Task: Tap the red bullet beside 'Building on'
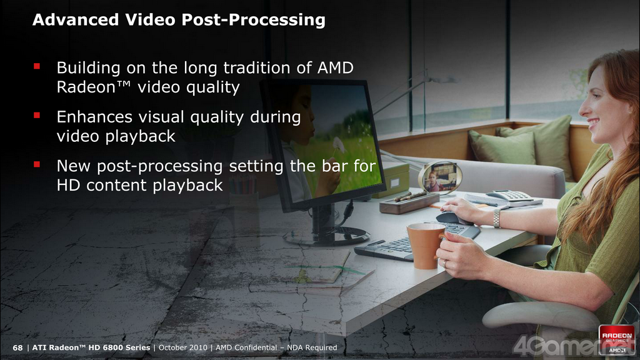37,66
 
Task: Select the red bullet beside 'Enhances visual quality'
37,115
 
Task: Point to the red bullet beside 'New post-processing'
37,164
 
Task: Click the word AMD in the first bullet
336,67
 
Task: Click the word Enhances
95,117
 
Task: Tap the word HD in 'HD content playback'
69,185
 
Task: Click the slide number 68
17,347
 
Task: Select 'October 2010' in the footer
183,347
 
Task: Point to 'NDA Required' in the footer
312,347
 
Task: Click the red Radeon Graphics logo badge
617,339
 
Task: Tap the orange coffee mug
425,246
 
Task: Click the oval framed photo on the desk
439,177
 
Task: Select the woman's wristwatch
496,218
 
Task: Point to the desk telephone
505,198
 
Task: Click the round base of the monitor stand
326,236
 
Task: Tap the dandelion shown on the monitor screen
338,145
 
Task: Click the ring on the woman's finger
445,264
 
